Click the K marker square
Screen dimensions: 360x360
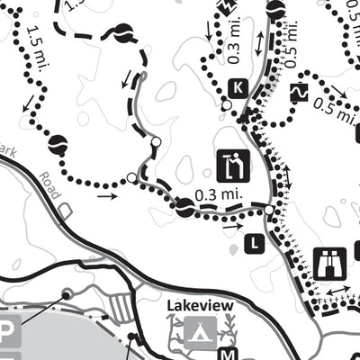pos(238,87)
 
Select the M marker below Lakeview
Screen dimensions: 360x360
pos(228,353)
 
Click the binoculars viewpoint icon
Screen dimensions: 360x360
pos(329,261)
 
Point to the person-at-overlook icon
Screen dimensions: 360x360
pos(233,166)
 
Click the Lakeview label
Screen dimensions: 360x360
pos(200,306)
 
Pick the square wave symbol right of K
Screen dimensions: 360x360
pos(298,92)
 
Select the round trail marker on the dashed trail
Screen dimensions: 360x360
pos(119,34)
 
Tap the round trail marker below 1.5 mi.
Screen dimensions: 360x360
pos(58,142)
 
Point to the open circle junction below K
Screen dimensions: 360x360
pos(226,105)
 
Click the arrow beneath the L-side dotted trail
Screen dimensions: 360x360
pos(232,227)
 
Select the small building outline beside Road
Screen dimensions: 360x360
pos(65,209)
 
